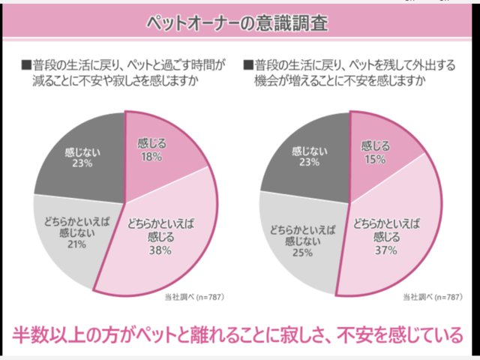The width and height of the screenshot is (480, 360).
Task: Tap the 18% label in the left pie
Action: [x=151, y=157]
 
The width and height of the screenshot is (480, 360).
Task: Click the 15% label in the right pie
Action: [x=374, y=160]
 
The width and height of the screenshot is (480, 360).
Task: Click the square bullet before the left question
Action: [x=26, y=64]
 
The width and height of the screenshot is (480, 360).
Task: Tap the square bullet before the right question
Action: [x=248, y=64]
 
